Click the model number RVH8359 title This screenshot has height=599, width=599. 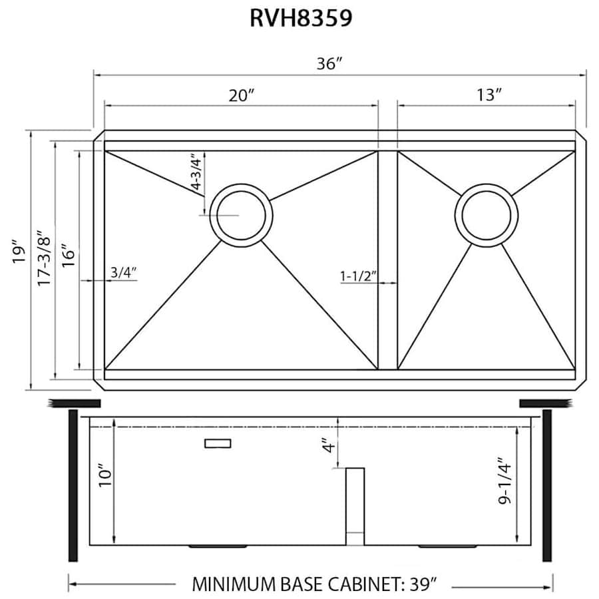pyautogui.click(x=301, y=19)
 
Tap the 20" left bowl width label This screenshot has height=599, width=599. pyautogui.click(x=242, y=95)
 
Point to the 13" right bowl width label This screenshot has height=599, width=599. pyautogui.click(x=488, y=95)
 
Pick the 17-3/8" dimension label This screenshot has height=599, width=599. pyautogui.click(x=43, y=259)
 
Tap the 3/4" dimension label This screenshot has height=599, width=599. pyautogui.click(x=123, y=272)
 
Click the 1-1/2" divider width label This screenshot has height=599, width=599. pyautogui.click(x=359, y=274)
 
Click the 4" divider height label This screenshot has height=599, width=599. pyautogui.click(x=325, y=444)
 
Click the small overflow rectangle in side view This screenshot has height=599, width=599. pyautogui.click(x=218, y=443)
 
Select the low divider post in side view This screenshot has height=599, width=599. pyautogui.click(x=355, y=506)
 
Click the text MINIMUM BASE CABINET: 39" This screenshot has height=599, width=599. pyautogui.click(x=314, y=585)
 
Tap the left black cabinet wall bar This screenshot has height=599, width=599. pyautogui.click(x=73, y=485)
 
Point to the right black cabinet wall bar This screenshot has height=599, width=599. pyautogui.click(x=547, y=485)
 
